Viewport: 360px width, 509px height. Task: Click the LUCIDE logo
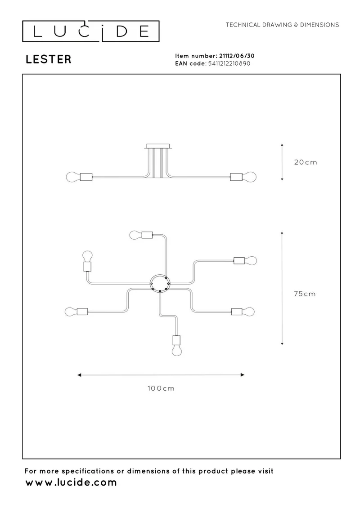90,31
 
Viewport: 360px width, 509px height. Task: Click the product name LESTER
49,59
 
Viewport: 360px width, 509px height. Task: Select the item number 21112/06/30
237,56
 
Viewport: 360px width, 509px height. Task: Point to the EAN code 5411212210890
229,63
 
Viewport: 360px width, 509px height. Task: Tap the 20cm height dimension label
306,162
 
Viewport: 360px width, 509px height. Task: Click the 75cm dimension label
305,294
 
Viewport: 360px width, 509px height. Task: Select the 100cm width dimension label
161,388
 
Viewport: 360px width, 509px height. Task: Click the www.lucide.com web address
71,482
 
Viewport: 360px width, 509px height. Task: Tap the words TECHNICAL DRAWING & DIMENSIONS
282,25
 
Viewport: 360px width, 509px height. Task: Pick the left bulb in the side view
73,177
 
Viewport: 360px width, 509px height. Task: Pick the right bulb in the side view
249,177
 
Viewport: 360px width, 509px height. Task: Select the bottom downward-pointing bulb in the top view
177,351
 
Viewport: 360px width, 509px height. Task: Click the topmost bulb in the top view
135,235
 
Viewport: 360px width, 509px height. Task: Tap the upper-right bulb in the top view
251,260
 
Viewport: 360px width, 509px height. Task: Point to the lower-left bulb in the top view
71,312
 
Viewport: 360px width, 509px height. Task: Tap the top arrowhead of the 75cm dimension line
282,233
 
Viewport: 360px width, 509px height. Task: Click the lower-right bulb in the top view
248,312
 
